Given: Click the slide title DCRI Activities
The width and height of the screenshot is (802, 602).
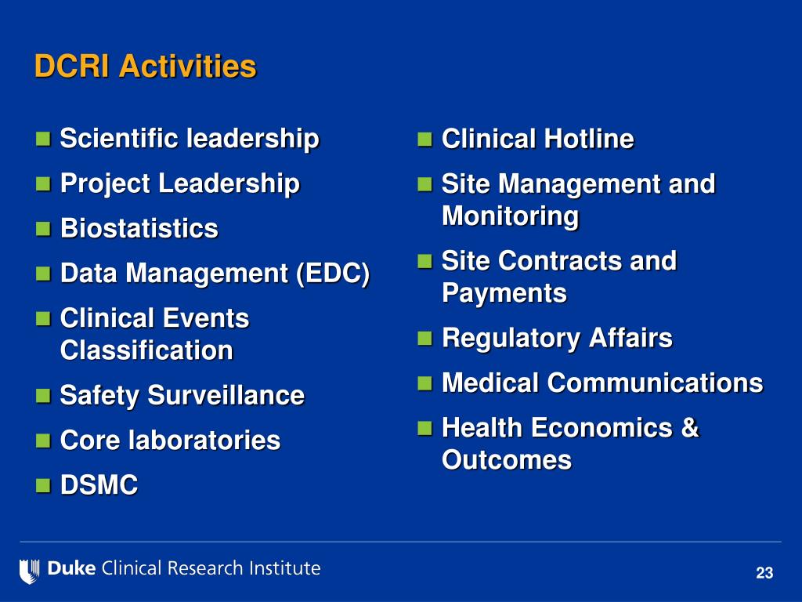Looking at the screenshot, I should [x=145, y=67].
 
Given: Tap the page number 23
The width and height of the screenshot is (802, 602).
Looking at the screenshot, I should [x=764, y=574].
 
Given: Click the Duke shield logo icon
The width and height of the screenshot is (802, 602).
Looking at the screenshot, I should [x=30, y=570].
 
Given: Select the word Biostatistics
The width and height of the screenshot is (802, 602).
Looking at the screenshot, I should [x=139, y=229].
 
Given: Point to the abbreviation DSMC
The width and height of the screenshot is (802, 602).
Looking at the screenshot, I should [x=99, y=486].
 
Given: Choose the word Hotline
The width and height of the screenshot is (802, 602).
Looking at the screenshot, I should [x=589, y=140].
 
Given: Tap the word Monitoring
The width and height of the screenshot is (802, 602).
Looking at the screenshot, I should [x=510, y=216].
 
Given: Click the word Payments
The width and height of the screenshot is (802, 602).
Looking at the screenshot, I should [x=504, y=293].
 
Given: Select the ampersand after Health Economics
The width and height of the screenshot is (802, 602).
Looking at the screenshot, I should [x=689, y=428].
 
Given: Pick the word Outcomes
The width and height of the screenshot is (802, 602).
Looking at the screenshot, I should [x=507, y=460].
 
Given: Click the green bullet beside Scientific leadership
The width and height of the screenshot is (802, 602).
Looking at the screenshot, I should [x=44, y=140].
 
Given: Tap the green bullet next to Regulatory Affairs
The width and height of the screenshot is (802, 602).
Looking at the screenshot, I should [x=425, y=339].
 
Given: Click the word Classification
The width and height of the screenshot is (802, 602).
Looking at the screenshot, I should [x=146, y=350].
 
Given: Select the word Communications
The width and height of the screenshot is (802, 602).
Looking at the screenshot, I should [x=655, y=383].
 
